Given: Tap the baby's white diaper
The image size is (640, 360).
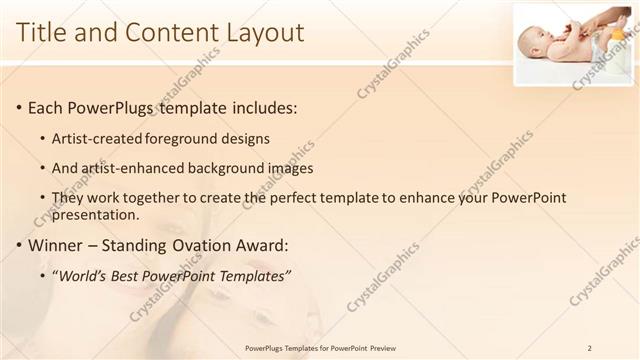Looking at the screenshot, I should pos(598,45).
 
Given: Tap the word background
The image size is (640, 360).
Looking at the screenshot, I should pos(236,168).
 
